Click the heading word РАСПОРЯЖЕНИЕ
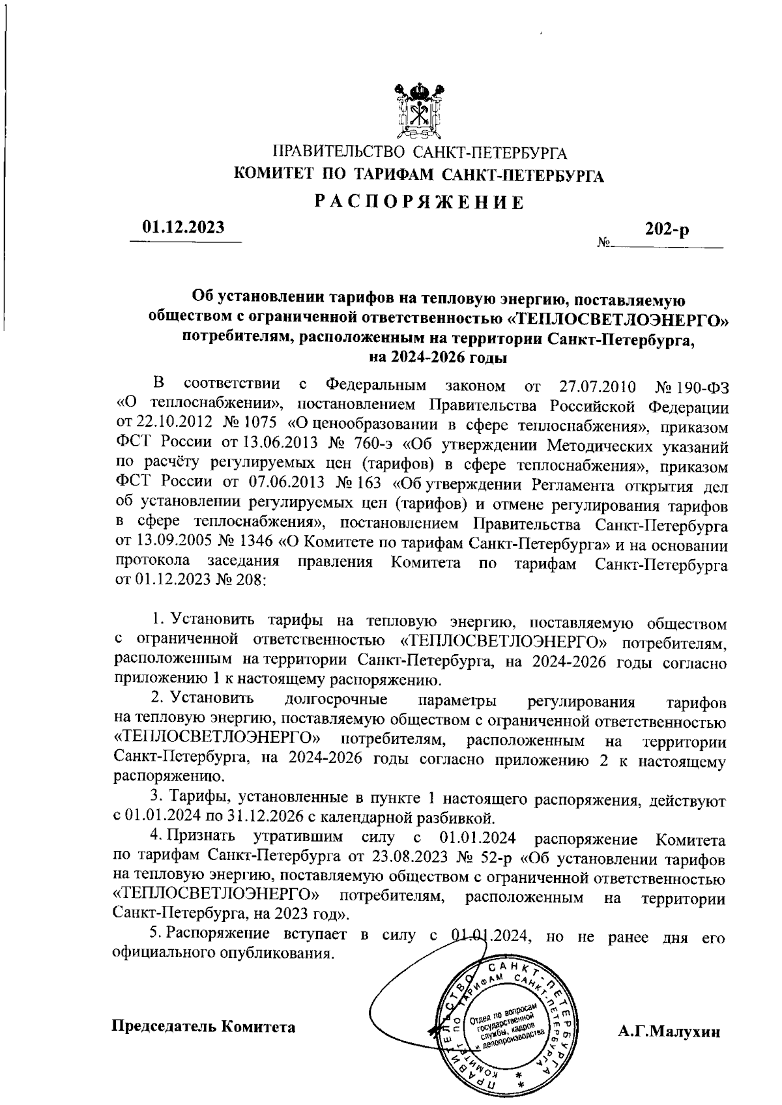(419, 203)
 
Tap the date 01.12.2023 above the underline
(184, 228)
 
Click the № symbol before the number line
(603, 244)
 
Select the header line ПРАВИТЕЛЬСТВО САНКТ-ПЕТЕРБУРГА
(419, 154)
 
